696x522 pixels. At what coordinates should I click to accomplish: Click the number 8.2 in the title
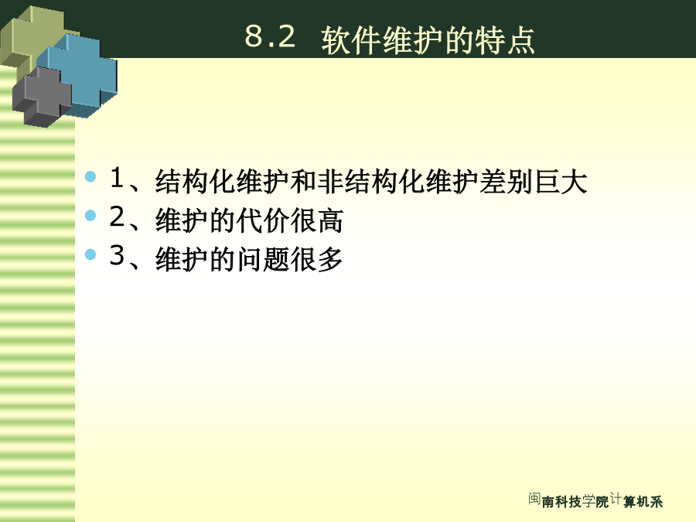[270, 36]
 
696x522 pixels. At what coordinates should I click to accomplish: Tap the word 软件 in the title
[351, 40]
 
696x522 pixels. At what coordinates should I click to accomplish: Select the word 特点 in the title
[505, 40]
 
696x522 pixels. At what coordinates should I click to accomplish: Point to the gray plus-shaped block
[43, 97]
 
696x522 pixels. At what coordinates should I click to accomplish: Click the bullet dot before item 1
[90, 176]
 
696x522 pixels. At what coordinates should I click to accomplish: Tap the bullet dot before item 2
[90, 216]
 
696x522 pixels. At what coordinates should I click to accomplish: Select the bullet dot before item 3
[90, 254]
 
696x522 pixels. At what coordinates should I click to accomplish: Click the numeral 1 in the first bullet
[117, 178]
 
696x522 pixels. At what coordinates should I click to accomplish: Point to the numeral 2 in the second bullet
[118, 217]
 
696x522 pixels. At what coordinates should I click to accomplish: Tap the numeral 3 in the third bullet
[118, 255]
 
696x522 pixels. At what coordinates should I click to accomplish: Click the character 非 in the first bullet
[331, 182]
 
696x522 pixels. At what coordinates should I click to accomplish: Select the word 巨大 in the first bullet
[561, 182]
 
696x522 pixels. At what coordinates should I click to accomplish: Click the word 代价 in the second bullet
[263, 220]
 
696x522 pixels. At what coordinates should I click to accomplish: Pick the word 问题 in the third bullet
[263, 259]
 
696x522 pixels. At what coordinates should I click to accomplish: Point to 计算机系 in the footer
[636, 500]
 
